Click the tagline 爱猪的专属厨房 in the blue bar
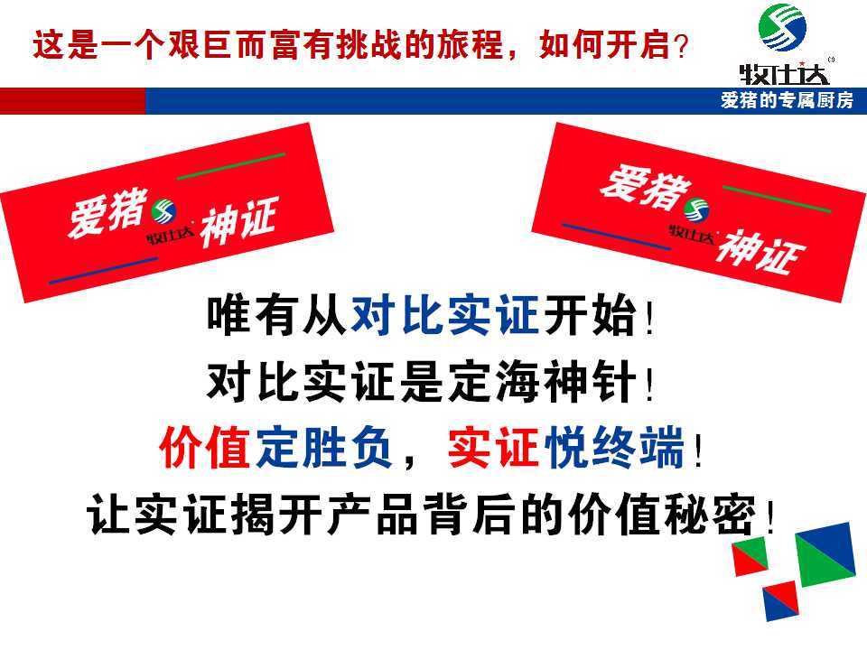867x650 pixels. point(787,101)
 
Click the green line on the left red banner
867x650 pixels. point(231,166)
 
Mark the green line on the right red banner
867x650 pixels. point(777,200)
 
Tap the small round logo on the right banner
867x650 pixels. point(695,211)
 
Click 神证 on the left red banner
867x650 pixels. point(237,222)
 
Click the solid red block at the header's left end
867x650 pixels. point(72,101)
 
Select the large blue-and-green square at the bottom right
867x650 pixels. point(825,552)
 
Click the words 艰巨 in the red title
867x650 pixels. point(210,45)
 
